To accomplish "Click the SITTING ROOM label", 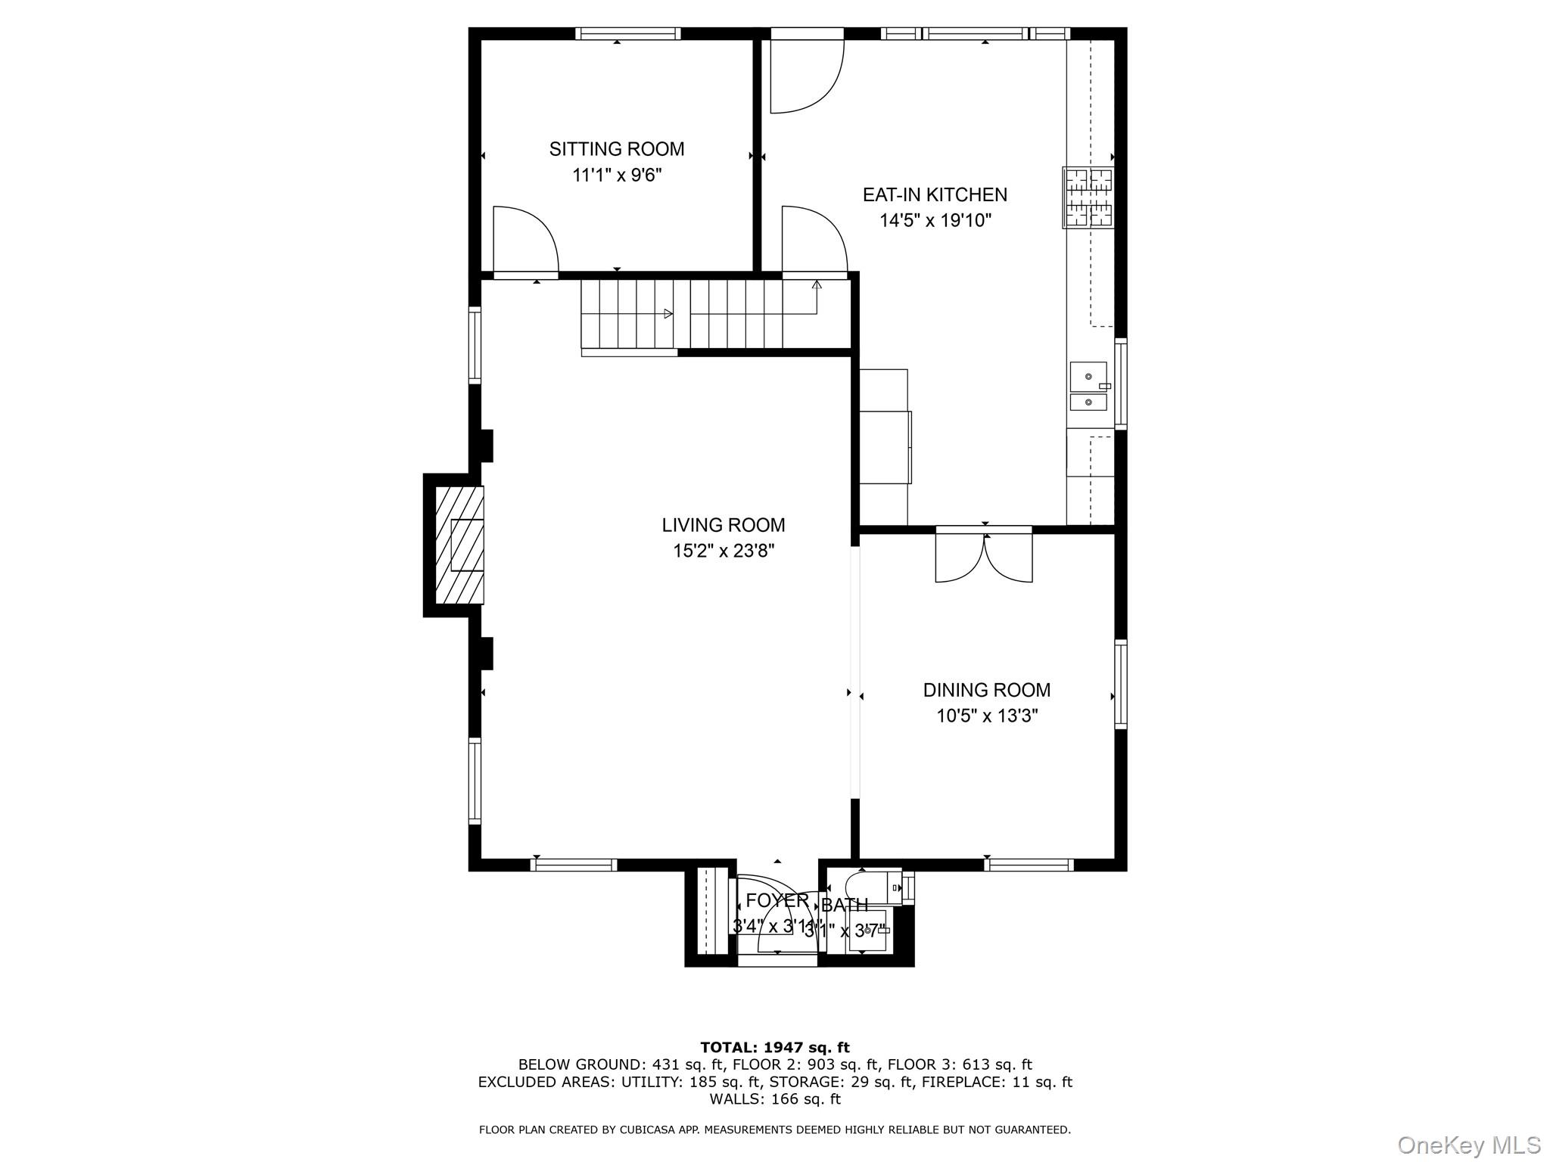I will pyautogui.click(x=616, y=149).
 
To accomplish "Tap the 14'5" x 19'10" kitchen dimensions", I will pyautogui.click(x=935, y=221).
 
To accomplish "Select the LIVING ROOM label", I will pyautogui.click(x=723, y=525).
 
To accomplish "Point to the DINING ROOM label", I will pyautogui.click(x=986, y=690).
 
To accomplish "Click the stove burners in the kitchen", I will pyautogui.click(x=1088, y=197).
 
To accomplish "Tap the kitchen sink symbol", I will pyautogui.click(x=1088, y=387).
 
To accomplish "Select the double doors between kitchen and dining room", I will pyautogui.click(x=984, y=556).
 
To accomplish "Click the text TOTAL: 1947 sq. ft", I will pyautogui.click(x=774, y=1048).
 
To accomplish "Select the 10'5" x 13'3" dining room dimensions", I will pyautogui.click(x=986, y=716).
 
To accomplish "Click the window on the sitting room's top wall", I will pyautogui.click(x=627, y=33).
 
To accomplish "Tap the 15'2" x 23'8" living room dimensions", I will pyautogui.click(x=723, y=551).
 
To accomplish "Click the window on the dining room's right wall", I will pyautogui.click(x=1121, y=684).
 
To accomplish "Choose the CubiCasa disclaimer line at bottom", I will pyautogui.click(x=774, y=1130).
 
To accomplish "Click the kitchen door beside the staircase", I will pyautogui.click(x=814, y=241).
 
